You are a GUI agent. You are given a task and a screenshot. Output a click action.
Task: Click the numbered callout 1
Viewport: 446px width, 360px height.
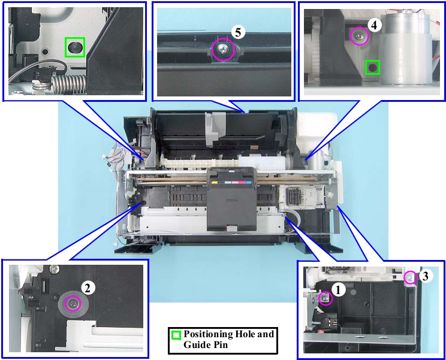[338, 290]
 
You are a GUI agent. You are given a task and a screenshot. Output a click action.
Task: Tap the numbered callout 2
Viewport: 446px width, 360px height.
[88, 288]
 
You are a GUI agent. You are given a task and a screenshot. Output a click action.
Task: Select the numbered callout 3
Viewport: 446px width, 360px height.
[425, 276]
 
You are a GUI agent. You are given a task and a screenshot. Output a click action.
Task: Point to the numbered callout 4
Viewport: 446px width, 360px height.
[374, 25]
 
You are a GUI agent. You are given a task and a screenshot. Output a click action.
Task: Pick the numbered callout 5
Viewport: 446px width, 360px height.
[238, 32]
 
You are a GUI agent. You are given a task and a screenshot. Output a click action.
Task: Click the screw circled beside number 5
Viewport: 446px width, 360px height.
[223, 50]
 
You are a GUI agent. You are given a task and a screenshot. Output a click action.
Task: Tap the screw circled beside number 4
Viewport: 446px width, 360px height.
[359, 36]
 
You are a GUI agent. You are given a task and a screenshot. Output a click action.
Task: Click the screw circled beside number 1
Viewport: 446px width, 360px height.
[325, 298]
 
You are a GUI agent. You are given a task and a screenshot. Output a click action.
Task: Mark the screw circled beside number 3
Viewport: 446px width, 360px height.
[410, 277]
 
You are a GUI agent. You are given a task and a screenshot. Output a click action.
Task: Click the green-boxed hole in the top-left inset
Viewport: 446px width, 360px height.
[75, 47]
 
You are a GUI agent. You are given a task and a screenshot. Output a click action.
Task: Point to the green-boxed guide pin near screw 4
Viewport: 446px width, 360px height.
[372, 68]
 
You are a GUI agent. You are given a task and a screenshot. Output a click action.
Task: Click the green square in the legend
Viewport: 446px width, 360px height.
[176, 335]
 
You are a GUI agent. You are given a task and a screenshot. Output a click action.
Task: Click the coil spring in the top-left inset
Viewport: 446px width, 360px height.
[68, 84]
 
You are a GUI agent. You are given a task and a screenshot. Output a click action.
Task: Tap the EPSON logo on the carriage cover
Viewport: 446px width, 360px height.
[232, 200]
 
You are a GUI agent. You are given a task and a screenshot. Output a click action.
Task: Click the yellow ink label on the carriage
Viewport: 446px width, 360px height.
[215, 182]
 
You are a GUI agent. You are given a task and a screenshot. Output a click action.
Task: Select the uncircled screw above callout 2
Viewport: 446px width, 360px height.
[53, 268]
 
